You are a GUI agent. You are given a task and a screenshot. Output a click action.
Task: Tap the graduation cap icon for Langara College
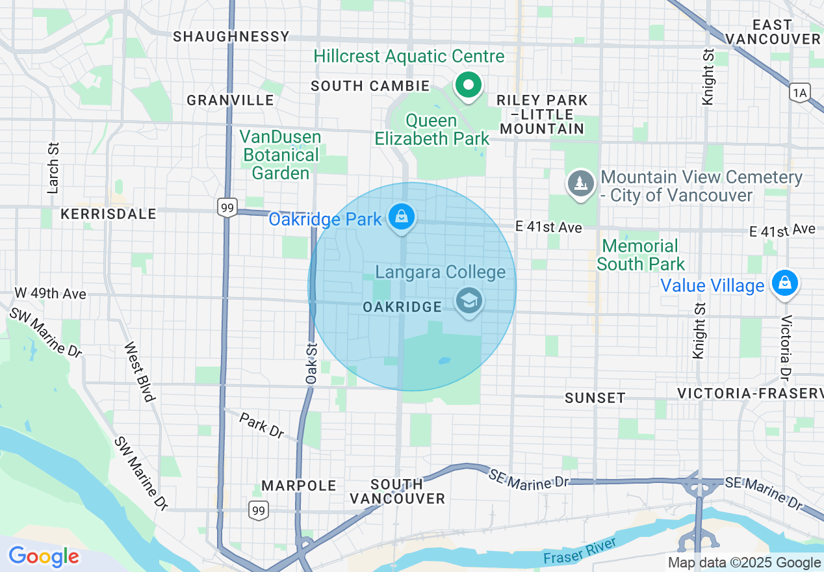(469, 302)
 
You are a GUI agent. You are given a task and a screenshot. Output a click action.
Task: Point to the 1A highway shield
(800, 93)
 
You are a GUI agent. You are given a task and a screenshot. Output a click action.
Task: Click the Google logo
(44, 556)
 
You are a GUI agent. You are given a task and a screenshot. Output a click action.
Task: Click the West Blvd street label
(138, 372)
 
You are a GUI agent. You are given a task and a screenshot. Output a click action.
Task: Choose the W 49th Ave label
(51, 294)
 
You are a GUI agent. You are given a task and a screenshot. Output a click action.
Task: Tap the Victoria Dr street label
(786, 348)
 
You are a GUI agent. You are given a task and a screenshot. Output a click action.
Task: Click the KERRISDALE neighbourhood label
(109, 214)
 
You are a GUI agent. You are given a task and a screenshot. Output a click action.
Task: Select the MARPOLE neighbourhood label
(299, 486)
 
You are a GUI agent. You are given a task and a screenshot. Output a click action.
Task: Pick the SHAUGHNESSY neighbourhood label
(231, 36)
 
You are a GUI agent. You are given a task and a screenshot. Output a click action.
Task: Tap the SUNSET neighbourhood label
(595, 397)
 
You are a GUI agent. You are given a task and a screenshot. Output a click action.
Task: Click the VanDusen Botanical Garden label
(281, 155)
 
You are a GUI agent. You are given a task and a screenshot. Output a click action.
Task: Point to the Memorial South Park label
(640, 255)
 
